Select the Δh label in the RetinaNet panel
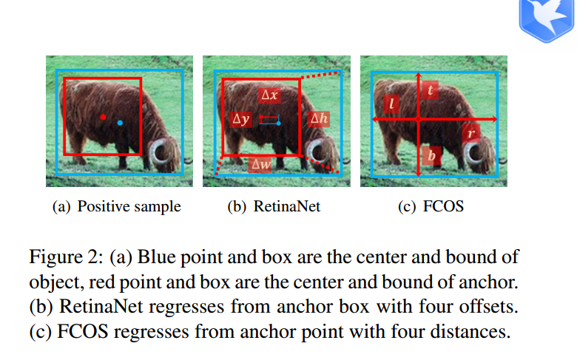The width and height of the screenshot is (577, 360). click(x=320, y=118)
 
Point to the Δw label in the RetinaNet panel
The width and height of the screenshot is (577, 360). click(x=261, y=166)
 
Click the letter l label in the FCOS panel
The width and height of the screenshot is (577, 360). click(x=391, y=104)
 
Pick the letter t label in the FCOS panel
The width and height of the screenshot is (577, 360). click(x=431, y=90)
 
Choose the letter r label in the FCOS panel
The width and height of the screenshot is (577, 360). click(x=470, y=134)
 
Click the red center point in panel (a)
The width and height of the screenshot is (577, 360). click(x=103, y=118)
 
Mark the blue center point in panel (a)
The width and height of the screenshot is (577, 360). click(x=120, y=123)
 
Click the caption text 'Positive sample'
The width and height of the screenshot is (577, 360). click(x=129, y=206)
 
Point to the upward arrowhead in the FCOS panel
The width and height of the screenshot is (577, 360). click(x=419, y=76)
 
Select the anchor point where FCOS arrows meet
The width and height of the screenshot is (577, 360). click(x=419, y=118)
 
